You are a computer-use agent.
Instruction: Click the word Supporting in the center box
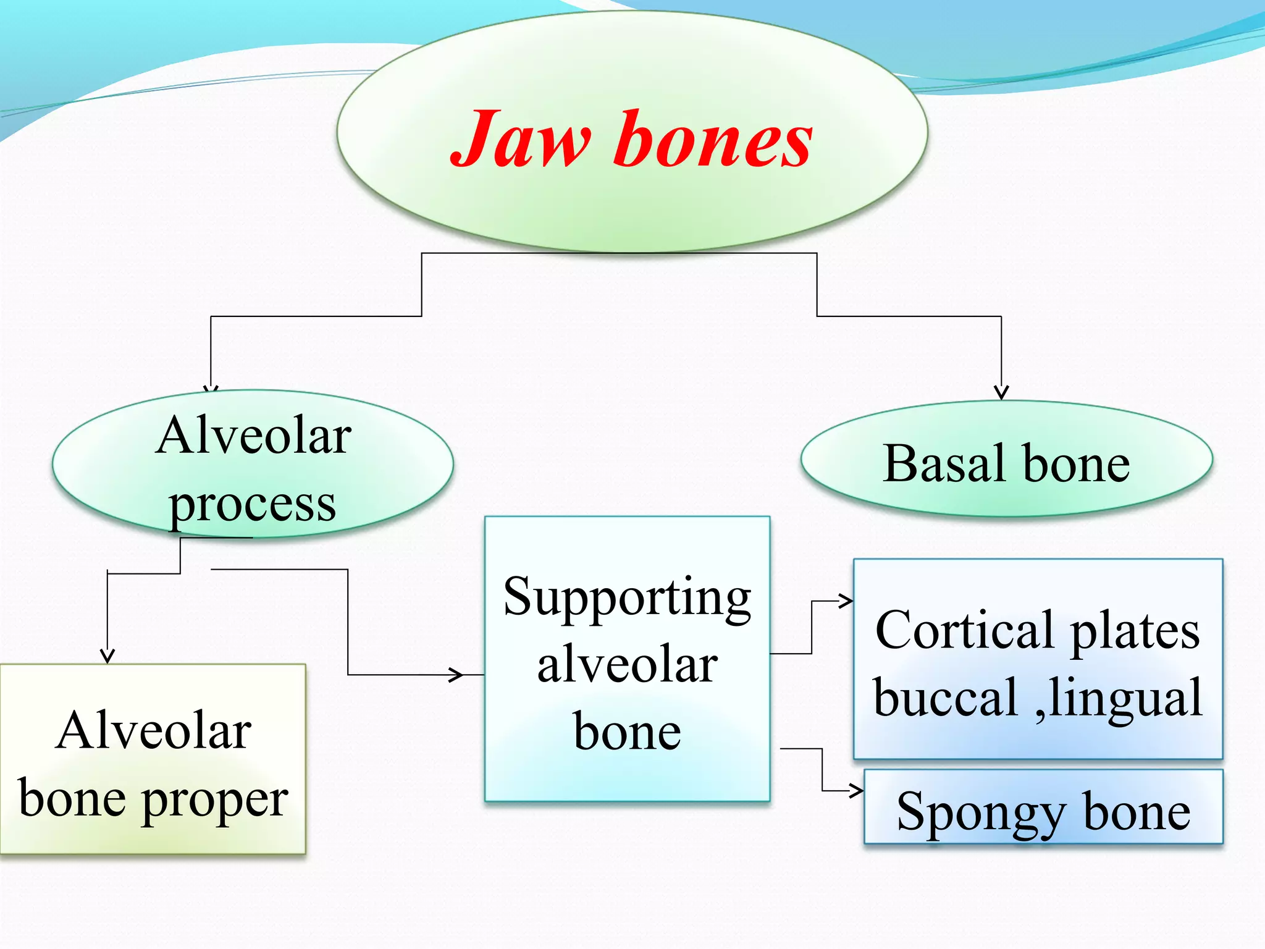[x=627, y=598]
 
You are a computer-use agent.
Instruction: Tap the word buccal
[x=945, y=698]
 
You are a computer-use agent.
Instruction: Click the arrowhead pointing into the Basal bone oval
[x=1001, y=393]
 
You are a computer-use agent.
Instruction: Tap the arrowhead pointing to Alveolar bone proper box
[x=107, y=656]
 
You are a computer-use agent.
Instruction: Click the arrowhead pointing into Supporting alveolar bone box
[x=456, y=674]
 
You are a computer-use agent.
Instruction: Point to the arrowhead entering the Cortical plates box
[x=846, y=600]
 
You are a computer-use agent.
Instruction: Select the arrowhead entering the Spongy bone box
[x=856, y=790]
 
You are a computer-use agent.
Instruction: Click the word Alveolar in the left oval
[x=253, y=436]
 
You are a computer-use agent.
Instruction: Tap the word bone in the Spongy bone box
[x=1137, y=812]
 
